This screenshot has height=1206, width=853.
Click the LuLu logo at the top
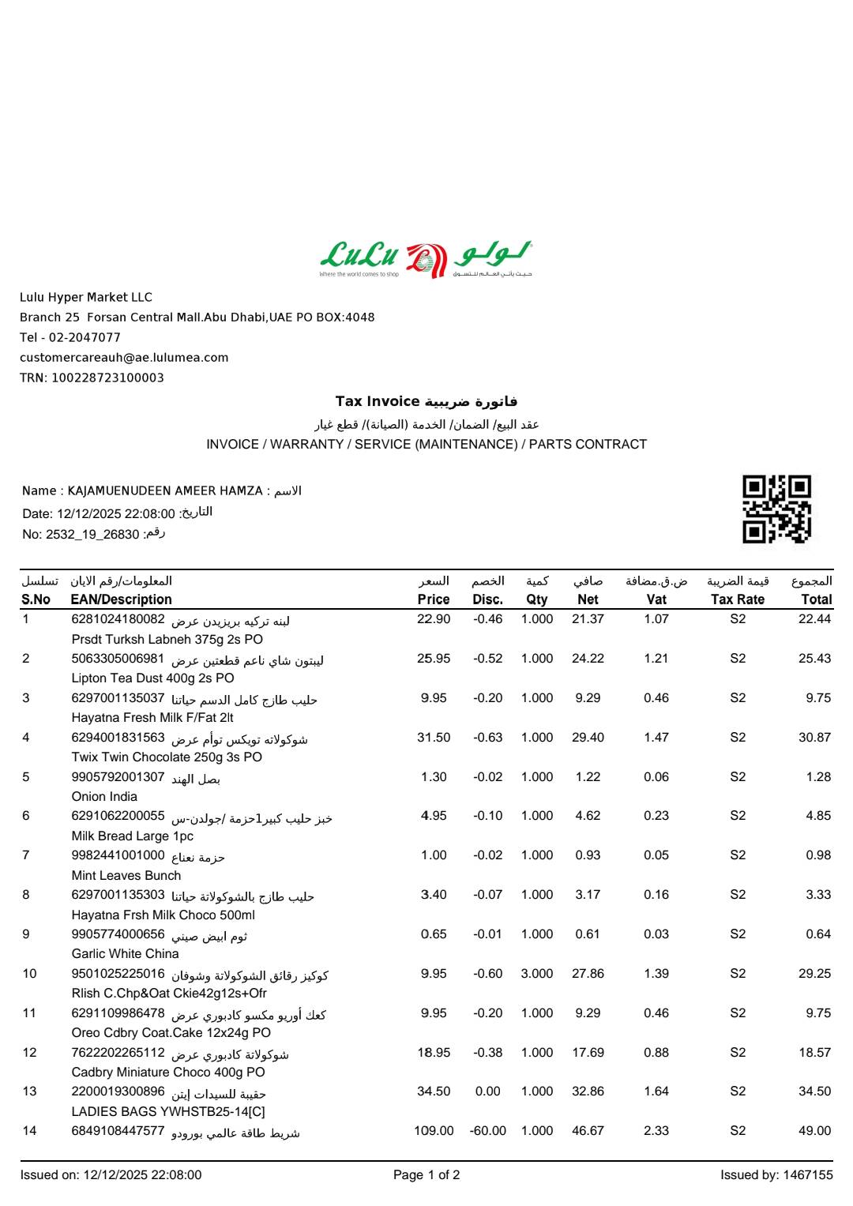point(426,259)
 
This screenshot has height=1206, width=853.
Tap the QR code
point(776,509)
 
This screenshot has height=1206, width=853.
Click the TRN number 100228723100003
point(107,378)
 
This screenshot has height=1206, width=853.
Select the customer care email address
point(124,358)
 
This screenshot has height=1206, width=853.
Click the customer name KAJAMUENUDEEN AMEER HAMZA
point(165,491)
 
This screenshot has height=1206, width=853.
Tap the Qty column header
point(536,599)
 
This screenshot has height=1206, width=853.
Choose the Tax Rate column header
point(737,599)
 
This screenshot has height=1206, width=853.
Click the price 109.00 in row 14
point(434,1131)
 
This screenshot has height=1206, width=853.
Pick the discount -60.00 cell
point(487,1131)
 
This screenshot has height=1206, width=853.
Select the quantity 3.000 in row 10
point(536,974)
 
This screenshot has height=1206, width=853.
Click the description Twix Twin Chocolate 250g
point(167,757)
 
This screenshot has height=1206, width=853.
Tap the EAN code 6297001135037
point(118,698)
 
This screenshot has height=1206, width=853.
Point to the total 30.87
point(814,738)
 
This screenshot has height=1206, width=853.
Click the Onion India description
point(104,797)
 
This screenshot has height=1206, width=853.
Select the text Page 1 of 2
point(426,1175)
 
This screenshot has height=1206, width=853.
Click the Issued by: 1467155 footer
point(776,1175)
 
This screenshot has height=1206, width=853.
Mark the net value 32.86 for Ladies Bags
point(588,1091)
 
